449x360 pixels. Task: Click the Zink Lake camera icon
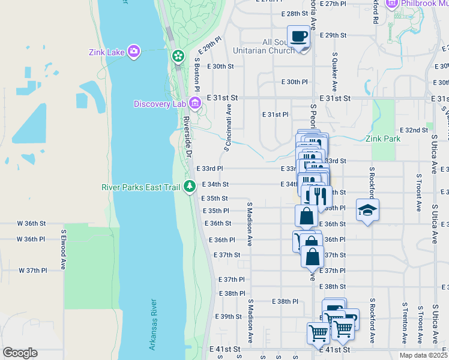(133, 52)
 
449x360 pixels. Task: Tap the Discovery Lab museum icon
(194, 104)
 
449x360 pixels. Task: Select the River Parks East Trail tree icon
(190, 187)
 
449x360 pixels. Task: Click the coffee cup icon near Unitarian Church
(298, 37)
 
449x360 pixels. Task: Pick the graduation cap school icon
(367, 210)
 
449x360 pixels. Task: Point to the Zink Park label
(383, 139)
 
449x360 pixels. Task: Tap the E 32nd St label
(414, 130)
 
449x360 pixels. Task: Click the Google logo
(20, 353)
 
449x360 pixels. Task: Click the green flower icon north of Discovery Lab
(178, 56)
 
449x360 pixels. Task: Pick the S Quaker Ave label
(334, 67)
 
